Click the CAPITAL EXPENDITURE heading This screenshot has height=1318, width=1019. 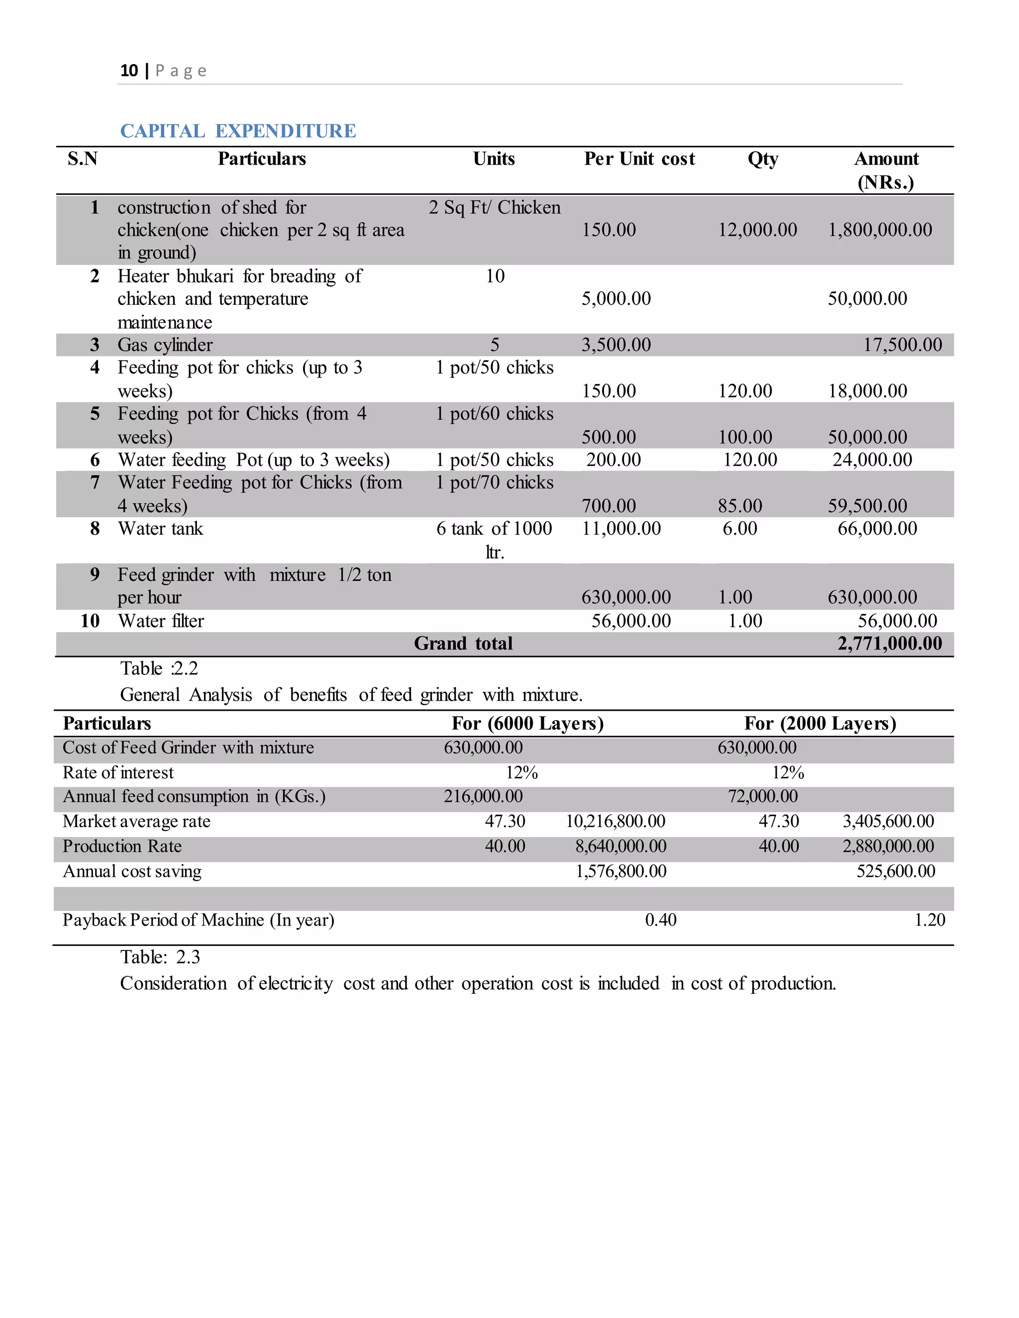(238, 131)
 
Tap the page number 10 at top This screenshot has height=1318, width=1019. (129, 71)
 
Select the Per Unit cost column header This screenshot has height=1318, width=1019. (639, 159)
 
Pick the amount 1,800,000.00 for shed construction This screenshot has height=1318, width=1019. (880, 230)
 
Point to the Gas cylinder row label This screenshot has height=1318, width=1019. (165, 345)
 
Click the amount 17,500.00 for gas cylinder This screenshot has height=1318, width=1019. (902, 345)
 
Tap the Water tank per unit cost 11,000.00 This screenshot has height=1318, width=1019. (620, 529)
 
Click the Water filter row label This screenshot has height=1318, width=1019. (161, 621)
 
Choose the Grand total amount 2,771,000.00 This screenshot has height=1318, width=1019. (889, 643)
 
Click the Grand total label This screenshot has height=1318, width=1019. (463, 643)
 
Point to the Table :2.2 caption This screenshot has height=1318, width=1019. (159, 668)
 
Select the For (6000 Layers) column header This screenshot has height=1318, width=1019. (527, 723)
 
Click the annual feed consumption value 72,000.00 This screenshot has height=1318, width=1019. (762, 797)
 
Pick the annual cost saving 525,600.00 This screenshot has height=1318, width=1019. (895, 871)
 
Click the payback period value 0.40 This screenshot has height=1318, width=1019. (660, 920)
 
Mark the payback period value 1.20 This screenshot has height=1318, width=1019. (929, 920)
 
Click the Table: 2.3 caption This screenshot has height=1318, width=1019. (160, 957)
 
